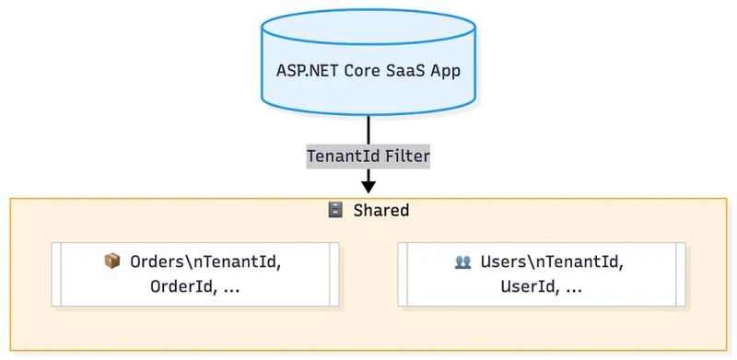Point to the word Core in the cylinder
tap(361, 71)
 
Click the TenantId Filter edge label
tap(368, 157)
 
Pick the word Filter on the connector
tap(406, 157)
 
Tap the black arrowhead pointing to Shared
tap(368, 186)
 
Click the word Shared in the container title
tap(380, 211)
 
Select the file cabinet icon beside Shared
tap(335, 211)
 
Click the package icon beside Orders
tap(112, 261)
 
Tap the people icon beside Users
tap(462, 261)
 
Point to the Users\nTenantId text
tap(551, 261)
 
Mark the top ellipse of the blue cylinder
tap(368, 25)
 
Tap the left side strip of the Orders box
tap(55, 274)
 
